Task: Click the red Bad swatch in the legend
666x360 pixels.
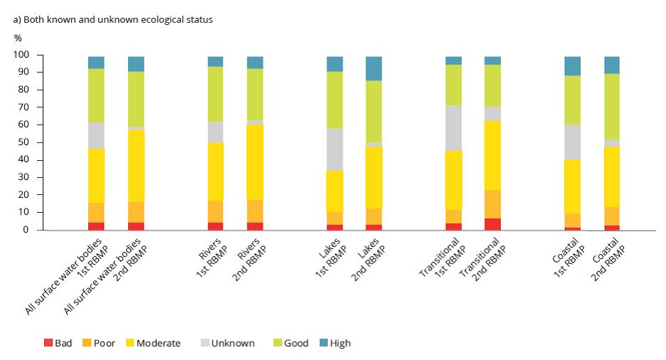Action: (x=48, y=343)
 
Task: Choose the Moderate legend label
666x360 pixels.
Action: (x=158, y=343)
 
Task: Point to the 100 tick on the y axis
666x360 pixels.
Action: (x=21, y=55)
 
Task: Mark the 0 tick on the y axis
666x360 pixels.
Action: (x=26, y=230)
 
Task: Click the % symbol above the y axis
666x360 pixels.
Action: (x=18, y=38)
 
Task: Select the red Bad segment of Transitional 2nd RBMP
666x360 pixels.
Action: (x=492, y=223)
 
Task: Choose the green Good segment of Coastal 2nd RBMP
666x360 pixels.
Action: (x=611, y=106)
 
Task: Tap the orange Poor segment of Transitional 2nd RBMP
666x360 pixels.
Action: (x=492, y=203)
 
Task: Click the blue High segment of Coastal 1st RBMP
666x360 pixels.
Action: (x=572, y=65)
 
